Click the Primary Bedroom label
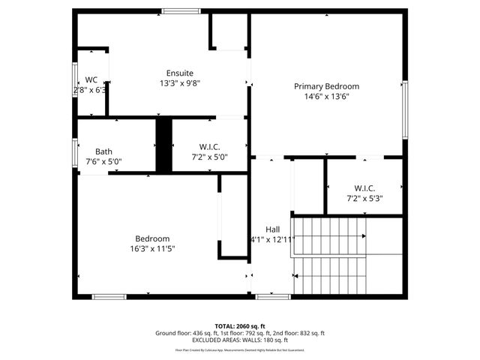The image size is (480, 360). tap(326, 86)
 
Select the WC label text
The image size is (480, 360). tap(91, 79)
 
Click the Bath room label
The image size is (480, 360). tap(103, 151)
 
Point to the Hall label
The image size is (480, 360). tap(272, 229)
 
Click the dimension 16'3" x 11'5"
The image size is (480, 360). tap(152, 248)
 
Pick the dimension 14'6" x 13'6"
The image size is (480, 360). tap(326, 96)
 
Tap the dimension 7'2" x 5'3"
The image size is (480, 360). tap(364, 198)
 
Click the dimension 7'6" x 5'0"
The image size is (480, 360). tap(103, 161)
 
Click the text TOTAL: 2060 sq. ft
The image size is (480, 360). tap(240, 326)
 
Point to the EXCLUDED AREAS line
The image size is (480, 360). tap(240, 340)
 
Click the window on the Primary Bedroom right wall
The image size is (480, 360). tap(405, 108)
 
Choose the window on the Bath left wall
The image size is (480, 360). tap(75, 153)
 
